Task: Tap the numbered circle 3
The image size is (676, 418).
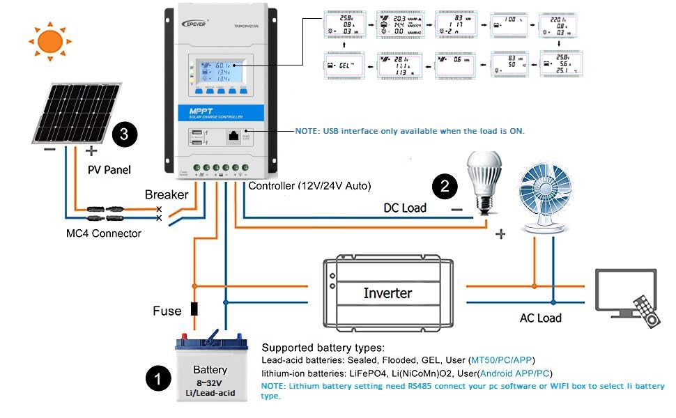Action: [x=124, y=134]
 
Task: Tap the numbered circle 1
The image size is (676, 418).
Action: [x=158, y=380]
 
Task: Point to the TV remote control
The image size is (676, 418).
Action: [x=645, y=311]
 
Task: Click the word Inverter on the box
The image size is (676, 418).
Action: [x=387, y=293]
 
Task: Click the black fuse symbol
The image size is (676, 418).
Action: [x=194, y=309]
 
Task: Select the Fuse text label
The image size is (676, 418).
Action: [x=167, y=311]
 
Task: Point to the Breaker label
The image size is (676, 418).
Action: [x=167, y=194]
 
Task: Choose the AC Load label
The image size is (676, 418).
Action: [x=540, y=318]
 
